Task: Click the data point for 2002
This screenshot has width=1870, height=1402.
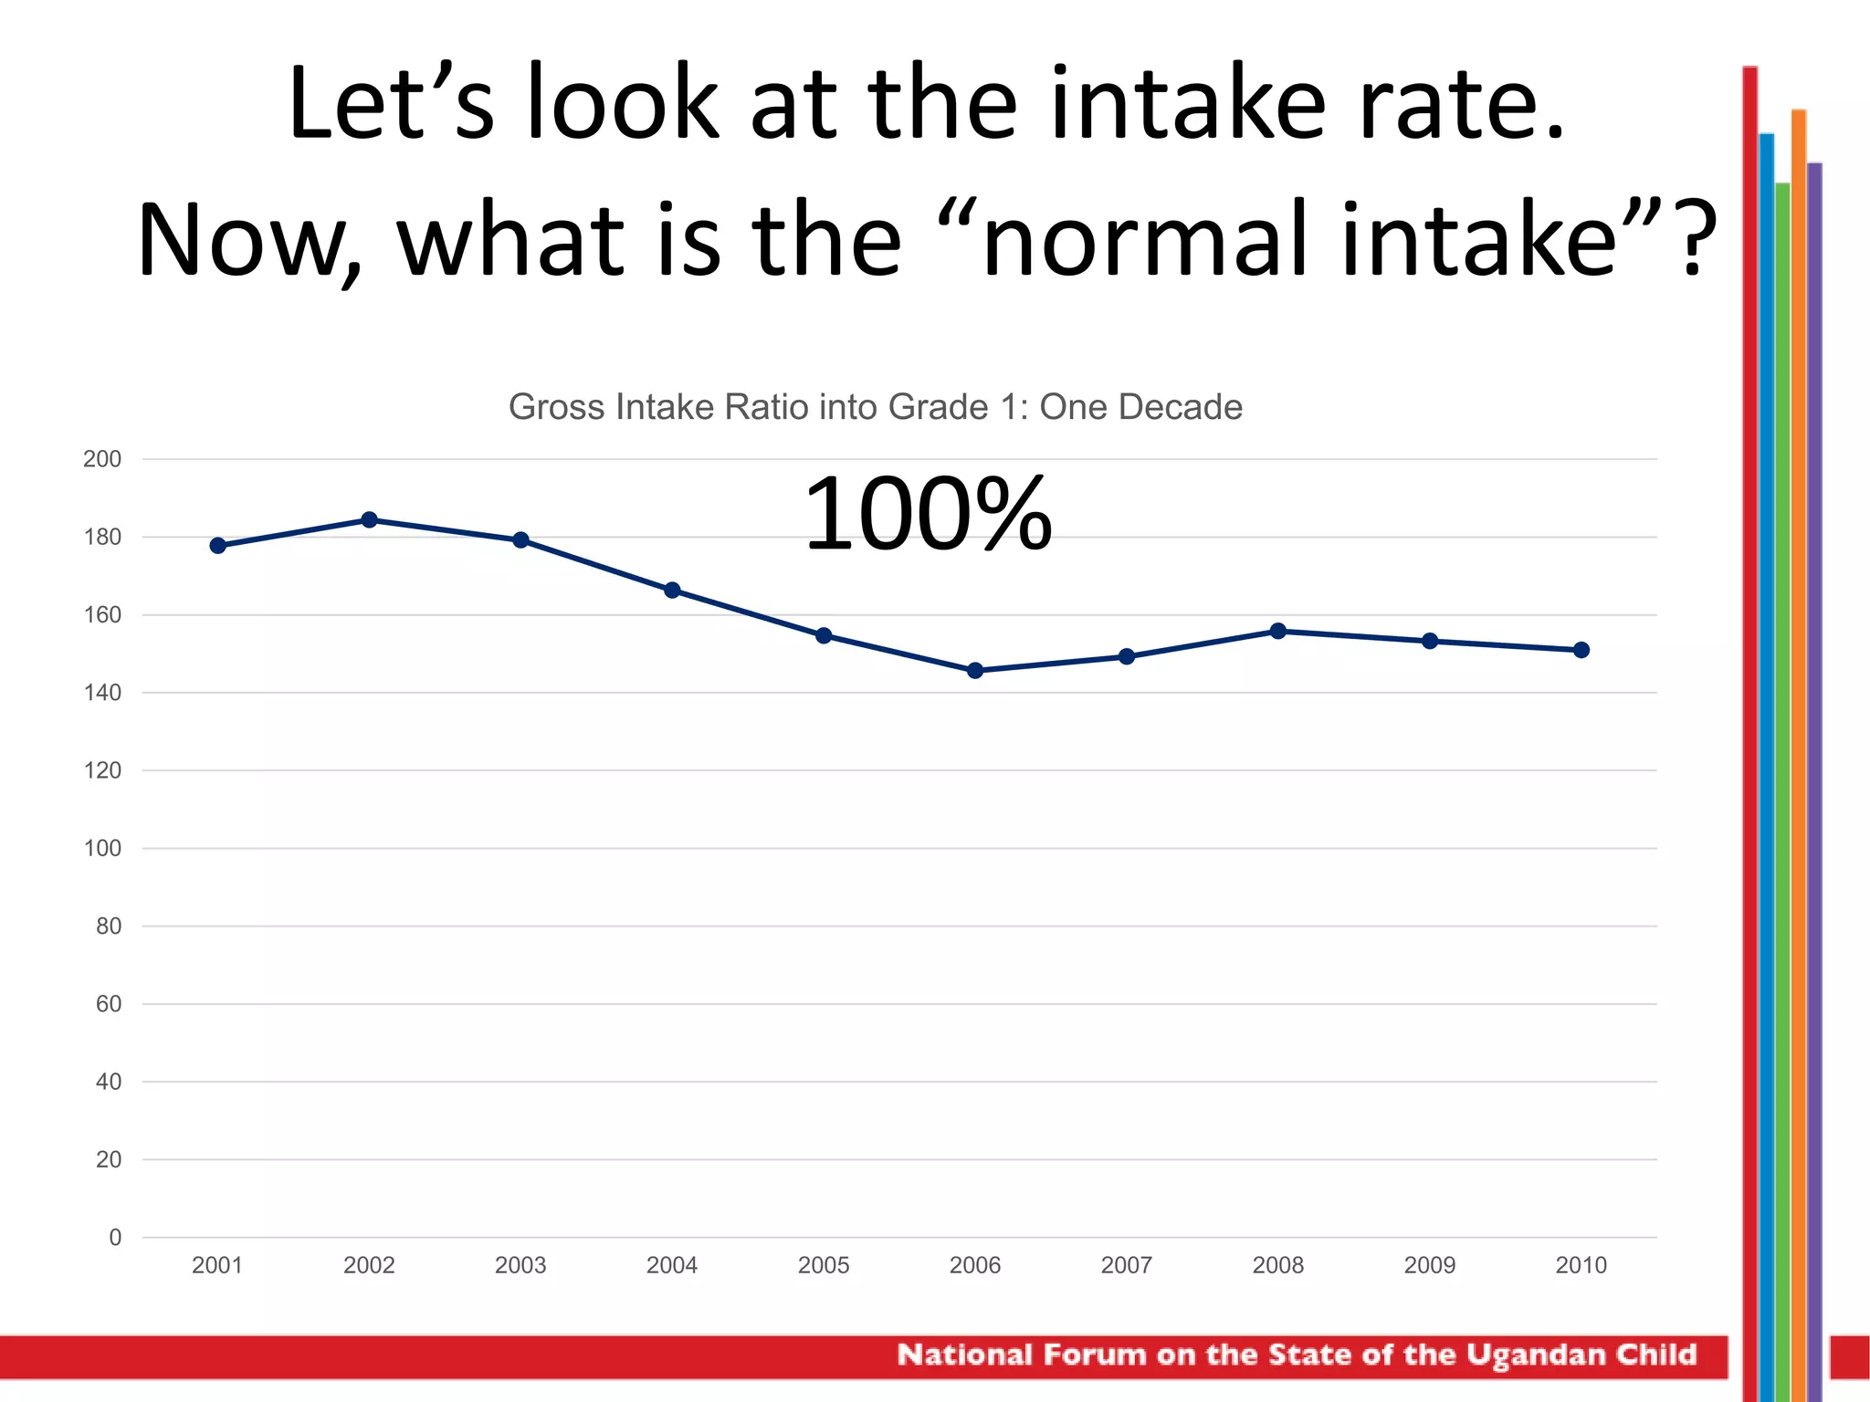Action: click(369, 520)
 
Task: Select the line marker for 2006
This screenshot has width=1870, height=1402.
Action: click(975, 671)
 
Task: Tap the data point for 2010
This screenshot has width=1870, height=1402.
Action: click(1581, 650)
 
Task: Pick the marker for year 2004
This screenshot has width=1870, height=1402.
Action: click(672, 591)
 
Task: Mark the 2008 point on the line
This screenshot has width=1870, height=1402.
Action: click(1278, 631)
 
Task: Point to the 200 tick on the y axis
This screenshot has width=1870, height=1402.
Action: click(102, 459)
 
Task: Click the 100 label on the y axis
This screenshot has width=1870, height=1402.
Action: click(102, 849)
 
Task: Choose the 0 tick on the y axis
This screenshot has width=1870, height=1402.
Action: click(115, 1238)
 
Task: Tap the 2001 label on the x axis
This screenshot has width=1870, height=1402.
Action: click(217, 1265)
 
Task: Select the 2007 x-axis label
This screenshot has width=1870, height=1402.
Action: click(1127, 1265)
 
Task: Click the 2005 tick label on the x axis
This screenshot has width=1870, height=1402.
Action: click(824, 1265)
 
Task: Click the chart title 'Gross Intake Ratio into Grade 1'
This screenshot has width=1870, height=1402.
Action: click(875, 407)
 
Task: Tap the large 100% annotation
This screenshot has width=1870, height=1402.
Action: click(928, 515)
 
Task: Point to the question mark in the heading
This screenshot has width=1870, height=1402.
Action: click(1691, 239)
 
